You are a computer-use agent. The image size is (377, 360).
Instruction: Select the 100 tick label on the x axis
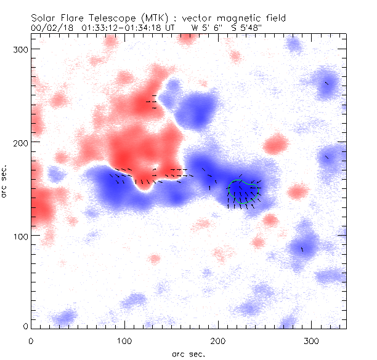pos(124,340)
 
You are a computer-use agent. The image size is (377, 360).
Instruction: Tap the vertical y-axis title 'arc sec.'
pos(6,182)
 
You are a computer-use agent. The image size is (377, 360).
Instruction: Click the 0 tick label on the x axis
pos(31,340)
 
